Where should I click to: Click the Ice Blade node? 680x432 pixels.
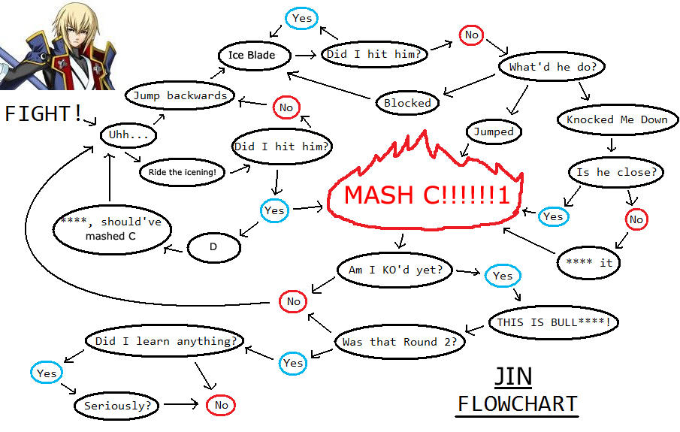tap(252, 55)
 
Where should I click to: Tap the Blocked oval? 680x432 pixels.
tap(407, 103)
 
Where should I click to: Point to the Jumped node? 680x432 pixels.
tap(494, 131)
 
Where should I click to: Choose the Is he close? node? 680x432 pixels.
tap(616, 172)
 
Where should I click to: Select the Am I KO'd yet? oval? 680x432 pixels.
tap(395, 270)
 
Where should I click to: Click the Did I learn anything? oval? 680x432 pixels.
tap(165, 341)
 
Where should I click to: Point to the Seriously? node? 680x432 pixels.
tap(117, 406)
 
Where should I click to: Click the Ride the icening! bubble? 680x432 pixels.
tap(183, 172)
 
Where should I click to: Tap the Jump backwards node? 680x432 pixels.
tap(180, 95)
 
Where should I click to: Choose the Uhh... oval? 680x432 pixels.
tap(128, 135)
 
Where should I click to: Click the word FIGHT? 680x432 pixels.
tap(44, 113)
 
